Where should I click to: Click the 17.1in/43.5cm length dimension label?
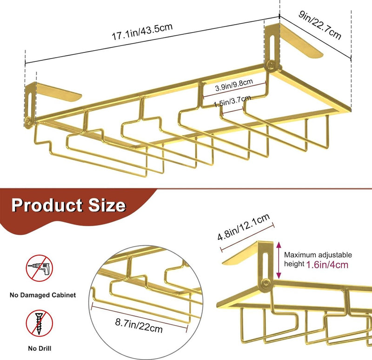(x=142, y=32)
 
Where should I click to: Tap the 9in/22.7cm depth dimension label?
(x=320, y=25)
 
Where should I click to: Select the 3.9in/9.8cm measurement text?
(x=234, y=85)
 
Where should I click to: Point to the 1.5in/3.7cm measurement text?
(x=232, y=101)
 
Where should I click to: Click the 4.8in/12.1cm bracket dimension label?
(x=244, y=227)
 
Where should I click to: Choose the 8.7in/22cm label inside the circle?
(x=139, y=326)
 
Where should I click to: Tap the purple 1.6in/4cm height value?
(x=327, y=265)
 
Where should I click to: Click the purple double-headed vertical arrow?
(x=279, y=260)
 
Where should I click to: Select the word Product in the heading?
(x=47, y=205)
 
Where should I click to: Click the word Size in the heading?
(x=107, y=205)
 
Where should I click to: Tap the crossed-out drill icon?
(x=39, y=268)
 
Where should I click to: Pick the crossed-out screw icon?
(x=39, y=323)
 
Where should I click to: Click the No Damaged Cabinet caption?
(x=43, y=295)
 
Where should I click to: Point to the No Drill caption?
(x=40, y=348)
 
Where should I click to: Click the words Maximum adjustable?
(x=318, y=255)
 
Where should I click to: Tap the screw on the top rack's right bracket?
(x=271, y=65)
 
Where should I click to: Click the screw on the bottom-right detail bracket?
(x=266, y=283)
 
